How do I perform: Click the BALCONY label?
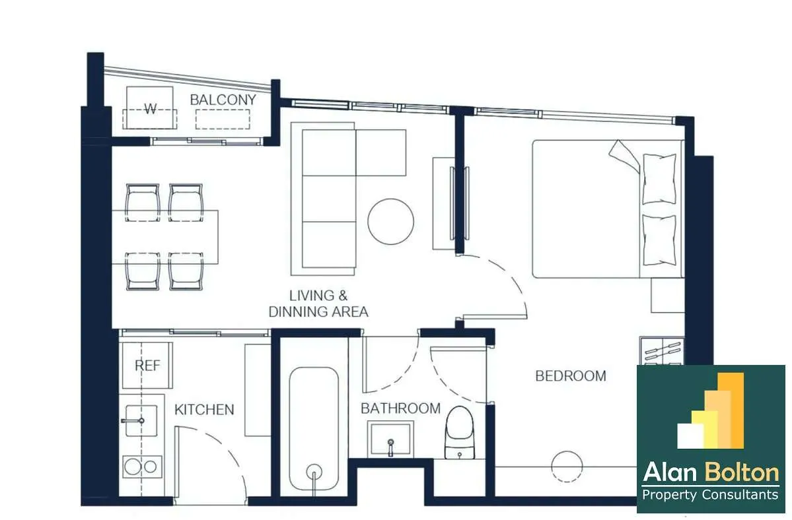(x=223, y=100)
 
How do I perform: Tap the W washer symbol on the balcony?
(x=150, y=108)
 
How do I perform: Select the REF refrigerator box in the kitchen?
(x=147, y=365)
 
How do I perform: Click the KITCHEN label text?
(x=204, y=409)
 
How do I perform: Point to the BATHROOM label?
(x=400, y=408)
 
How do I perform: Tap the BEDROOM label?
(x=571, y=375)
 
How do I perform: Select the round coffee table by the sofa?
(x=391, y=222)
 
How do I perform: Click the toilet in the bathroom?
(x=459, y=433)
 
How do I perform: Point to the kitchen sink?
(x=141, y=420)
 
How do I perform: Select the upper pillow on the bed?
(x=659, y=179)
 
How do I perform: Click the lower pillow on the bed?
(x=659, y=240)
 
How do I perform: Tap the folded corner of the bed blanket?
(x=624, y=155)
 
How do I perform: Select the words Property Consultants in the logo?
(x=710, y=495)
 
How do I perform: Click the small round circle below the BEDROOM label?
(x=567, y=467)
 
